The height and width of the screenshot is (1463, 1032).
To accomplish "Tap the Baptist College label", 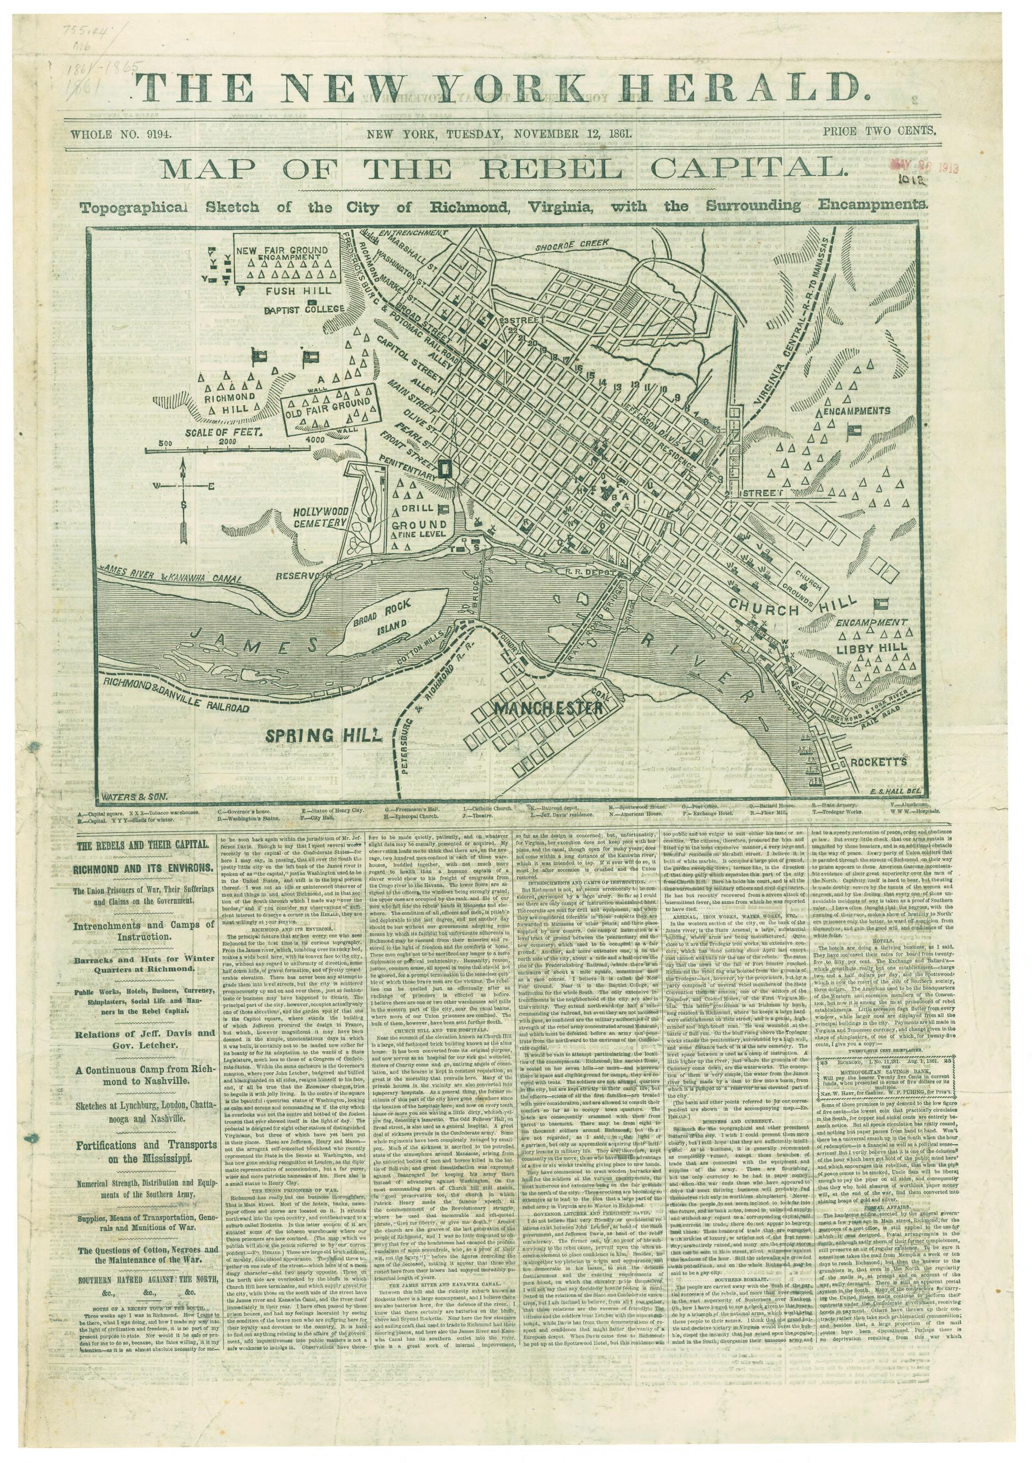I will tap(304, 310).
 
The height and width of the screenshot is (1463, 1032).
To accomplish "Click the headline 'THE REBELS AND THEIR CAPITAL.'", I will tap(143, 845).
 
